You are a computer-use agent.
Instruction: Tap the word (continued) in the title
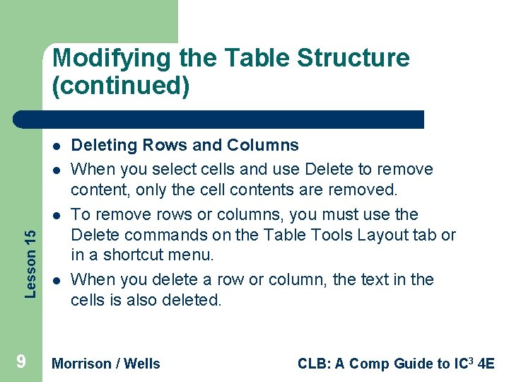click(120, 86)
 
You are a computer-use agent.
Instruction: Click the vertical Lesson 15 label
click(29, 253)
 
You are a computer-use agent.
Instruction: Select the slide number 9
click(21, 362)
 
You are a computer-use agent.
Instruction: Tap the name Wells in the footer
click(142, 364)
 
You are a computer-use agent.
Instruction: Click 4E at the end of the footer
click(486, 364)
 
